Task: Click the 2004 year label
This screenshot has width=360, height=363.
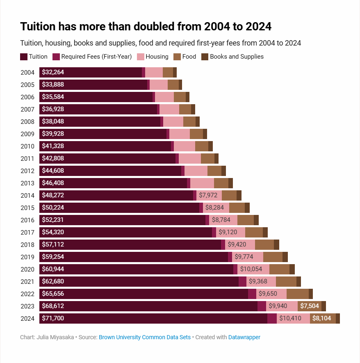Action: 27,73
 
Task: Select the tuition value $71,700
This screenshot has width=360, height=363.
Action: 53,318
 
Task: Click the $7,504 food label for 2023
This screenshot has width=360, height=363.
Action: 310,306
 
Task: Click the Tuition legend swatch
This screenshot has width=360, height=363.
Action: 24,57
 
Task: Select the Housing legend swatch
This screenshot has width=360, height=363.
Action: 140,57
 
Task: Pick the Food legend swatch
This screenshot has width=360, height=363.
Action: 177,57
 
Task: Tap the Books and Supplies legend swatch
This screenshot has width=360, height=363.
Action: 205,57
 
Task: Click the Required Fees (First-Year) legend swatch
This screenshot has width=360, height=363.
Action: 56,57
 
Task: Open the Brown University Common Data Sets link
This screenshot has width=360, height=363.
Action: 145,337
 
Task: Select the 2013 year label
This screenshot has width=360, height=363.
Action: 27,183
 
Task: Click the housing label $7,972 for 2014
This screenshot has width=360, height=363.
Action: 208,195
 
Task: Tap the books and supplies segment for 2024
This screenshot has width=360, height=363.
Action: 338,318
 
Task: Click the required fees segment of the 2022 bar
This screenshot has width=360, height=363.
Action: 252,294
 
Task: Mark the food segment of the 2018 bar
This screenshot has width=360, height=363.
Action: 264,244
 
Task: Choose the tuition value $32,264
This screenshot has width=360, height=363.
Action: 53,73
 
